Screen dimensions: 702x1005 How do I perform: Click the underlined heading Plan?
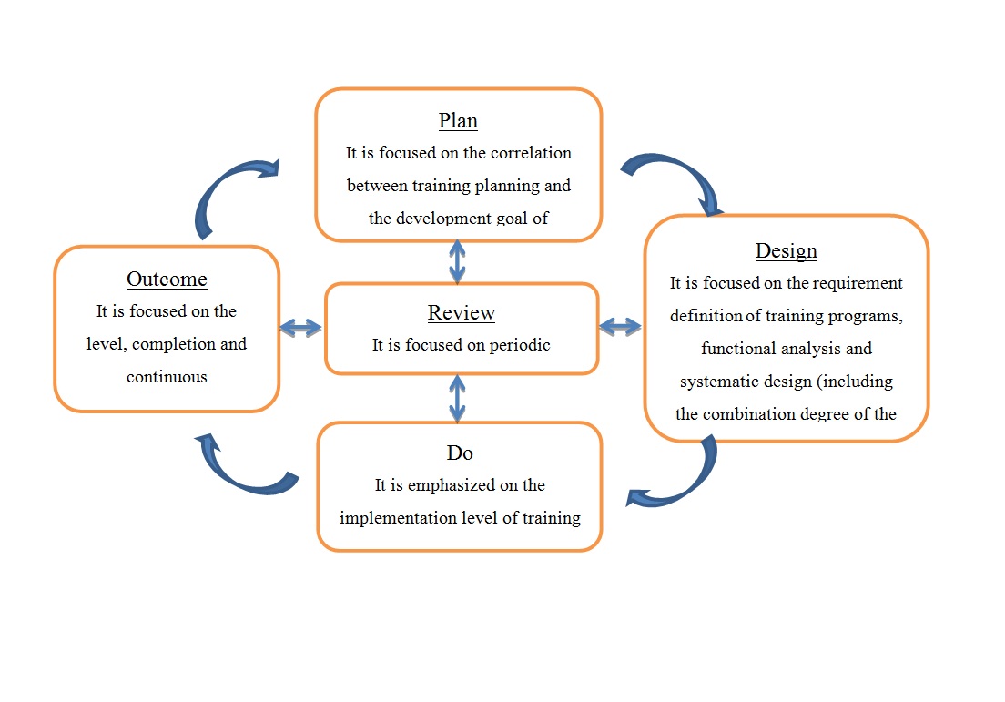click(458, 121)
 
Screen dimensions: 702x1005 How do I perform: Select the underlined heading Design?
click(787, 251)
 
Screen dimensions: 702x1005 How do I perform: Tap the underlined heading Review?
click(462, 313)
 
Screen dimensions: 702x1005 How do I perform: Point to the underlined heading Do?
click(460, 453)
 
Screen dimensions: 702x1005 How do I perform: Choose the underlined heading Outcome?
click(167, 280)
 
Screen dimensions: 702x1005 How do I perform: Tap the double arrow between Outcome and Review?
click(301, 328)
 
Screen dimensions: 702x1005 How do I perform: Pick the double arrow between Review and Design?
click(621, 326)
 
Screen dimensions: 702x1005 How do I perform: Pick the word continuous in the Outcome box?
click(167, 377)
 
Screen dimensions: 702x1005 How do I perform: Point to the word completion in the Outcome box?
click(171, 344)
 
